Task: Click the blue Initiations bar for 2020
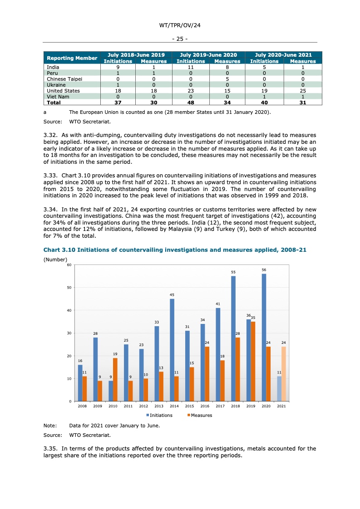[264, 338]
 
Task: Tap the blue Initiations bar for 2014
[172, 350]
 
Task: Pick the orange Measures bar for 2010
[115, 380]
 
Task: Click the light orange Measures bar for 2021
[284, 374]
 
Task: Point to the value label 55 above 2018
[233, 272]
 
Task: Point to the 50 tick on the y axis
[69, 288]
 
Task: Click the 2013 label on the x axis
[159, 406]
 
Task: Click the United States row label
[63, 91]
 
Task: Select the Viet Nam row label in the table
[58, 97]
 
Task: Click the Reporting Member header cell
[72, 58]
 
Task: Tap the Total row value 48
[191, 103]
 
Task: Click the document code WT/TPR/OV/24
[180, 26]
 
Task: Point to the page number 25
[180, 39]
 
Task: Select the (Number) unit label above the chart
[55, 259]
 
